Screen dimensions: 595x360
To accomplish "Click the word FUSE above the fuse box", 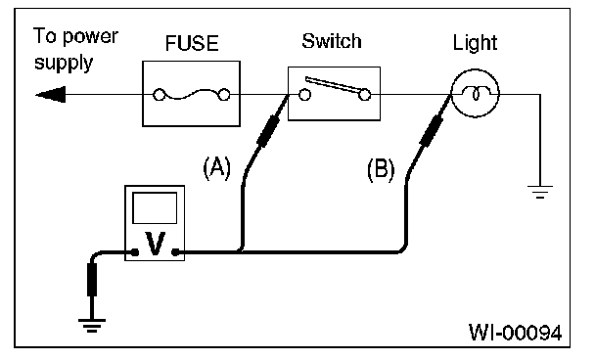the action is coord(192,43).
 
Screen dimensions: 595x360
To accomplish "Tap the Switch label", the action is coord(332,41).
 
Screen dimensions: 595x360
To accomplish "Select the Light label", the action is coord(475,43).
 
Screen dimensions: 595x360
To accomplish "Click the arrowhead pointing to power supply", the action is coord(51,95).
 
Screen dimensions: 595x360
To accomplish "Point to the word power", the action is coord(90,37).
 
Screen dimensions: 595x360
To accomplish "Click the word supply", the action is coord(64,63).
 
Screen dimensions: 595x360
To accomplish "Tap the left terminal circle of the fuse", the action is coord(159,95).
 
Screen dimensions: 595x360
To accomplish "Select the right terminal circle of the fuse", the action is coord(224,95).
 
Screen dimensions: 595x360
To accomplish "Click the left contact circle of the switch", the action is coord(304,95).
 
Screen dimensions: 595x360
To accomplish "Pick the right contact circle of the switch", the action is coord(365,95).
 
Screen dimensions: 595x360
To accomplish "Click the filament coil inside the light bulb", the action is coord(476,93).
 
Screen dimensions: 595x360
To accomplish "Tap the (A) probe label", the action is coord(216,167).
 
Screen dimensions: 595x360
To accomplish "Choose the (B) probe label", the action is coord(381,169).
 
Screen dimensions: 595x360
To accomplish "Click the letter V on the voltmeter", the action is coord(156,244).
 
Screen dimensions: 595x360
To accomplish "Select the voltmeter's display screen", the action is coord(155,208).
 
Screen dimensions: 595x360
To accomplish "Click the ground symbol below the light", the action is coord(540,192).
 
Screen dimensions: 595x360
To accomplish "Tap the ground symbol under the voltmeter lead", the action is coord(92,326).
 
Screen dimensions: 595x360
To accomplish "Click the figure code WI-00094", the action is coord(515,333).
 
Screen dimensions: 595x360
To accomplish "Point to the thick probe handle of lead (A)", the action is coord(268,131).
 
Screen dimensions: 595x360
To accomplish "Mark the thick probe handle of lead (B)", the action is coord(432,130).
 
